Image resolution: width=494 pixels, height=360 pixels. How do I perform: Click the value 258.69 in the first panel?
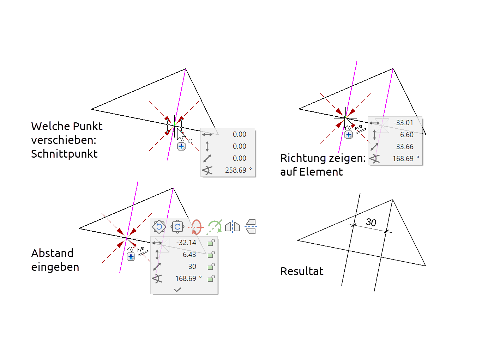click(x=236, y=170)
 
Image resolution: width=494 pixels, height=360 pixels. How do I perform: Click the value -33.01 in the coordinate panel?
click(x=403, y=123)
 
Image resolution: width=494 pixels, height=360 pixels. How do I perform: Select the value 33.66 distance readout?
click(x=404, y=147)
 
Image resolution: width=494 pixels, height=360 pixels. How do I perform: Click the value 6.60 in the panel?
click(x=406, y=135)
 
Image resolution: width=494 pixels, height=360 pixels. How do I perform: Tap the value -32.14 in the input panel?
click(x=186, y=243)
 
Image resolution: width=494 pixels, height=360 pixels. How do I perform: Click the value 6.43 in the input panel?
click(x=189, y=255)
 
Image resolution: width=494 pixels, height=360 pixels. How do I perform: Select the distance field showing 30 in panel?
click(x=192, y=267)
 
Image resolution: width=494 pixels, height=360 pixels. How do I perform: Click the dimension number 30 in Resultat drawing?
click(x=371, y=222)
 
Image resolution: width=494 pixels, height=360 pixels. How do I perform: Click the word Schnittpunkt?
click(x=64, y=154)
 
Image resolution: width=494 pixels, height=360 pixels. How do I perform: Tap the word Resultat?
click(x=302, y=271)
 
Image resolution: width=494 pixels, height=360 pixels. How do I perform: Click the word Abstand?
click(x=52, y=253)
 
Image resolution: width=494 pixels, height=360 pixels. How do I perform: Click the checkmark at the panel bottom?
click(x=177, y=289)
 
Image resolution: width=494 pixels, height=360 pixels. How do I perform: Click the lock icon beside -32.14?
click(x=211, y=243)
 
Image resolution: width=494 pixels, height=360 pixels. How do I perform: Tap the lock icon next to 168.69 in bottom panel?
click(x=211, y=279)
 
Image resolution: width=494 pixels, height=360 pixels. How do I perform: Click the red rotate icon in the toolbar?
click(x=196, y=227)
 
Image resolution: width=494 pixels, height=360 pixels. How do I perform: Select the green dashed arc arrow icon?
click(x=215, y=227)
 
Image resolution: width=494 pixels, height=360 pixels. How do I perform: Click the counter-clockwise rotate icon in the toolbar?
click(x=159, y=227)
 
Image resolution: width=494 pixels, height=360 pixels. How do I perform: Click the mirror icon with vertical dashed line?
click(x=233, y=227)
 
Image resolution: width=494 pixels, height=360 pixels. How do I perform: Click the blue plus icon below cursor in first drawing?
click(x=181, y=146)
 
